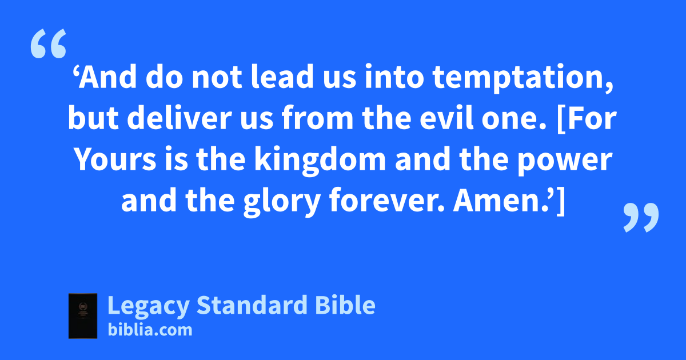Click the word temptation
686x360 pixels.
pyautogui.click(x=523, y=78)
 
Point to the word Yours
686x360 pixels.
pyautogui.click(x=115, y=159)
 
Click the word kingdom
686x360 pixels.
pyautogui.click(x=320, y=161)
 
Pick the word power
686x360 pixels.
pyautogui.click(x=565, y=162)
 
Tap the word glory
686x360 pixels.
pyautogui.click(x=282, y=202)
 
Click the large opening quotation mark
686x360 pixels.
pyautogui.click(x=49, y=43)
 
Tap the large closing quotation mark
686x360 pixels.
pyautogui.click(x=641, y=217)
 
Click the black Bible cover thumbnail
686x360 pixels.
pyautogui.click(x=83, y=316)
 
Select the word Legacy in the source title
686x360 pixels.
pyautogui.click(x=149, y=306)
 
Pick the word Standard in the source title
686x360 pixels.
pyautogui.click(x=252, y=305)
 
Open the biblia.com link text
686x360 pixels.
pyautogui.click(x=150, y=330)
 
